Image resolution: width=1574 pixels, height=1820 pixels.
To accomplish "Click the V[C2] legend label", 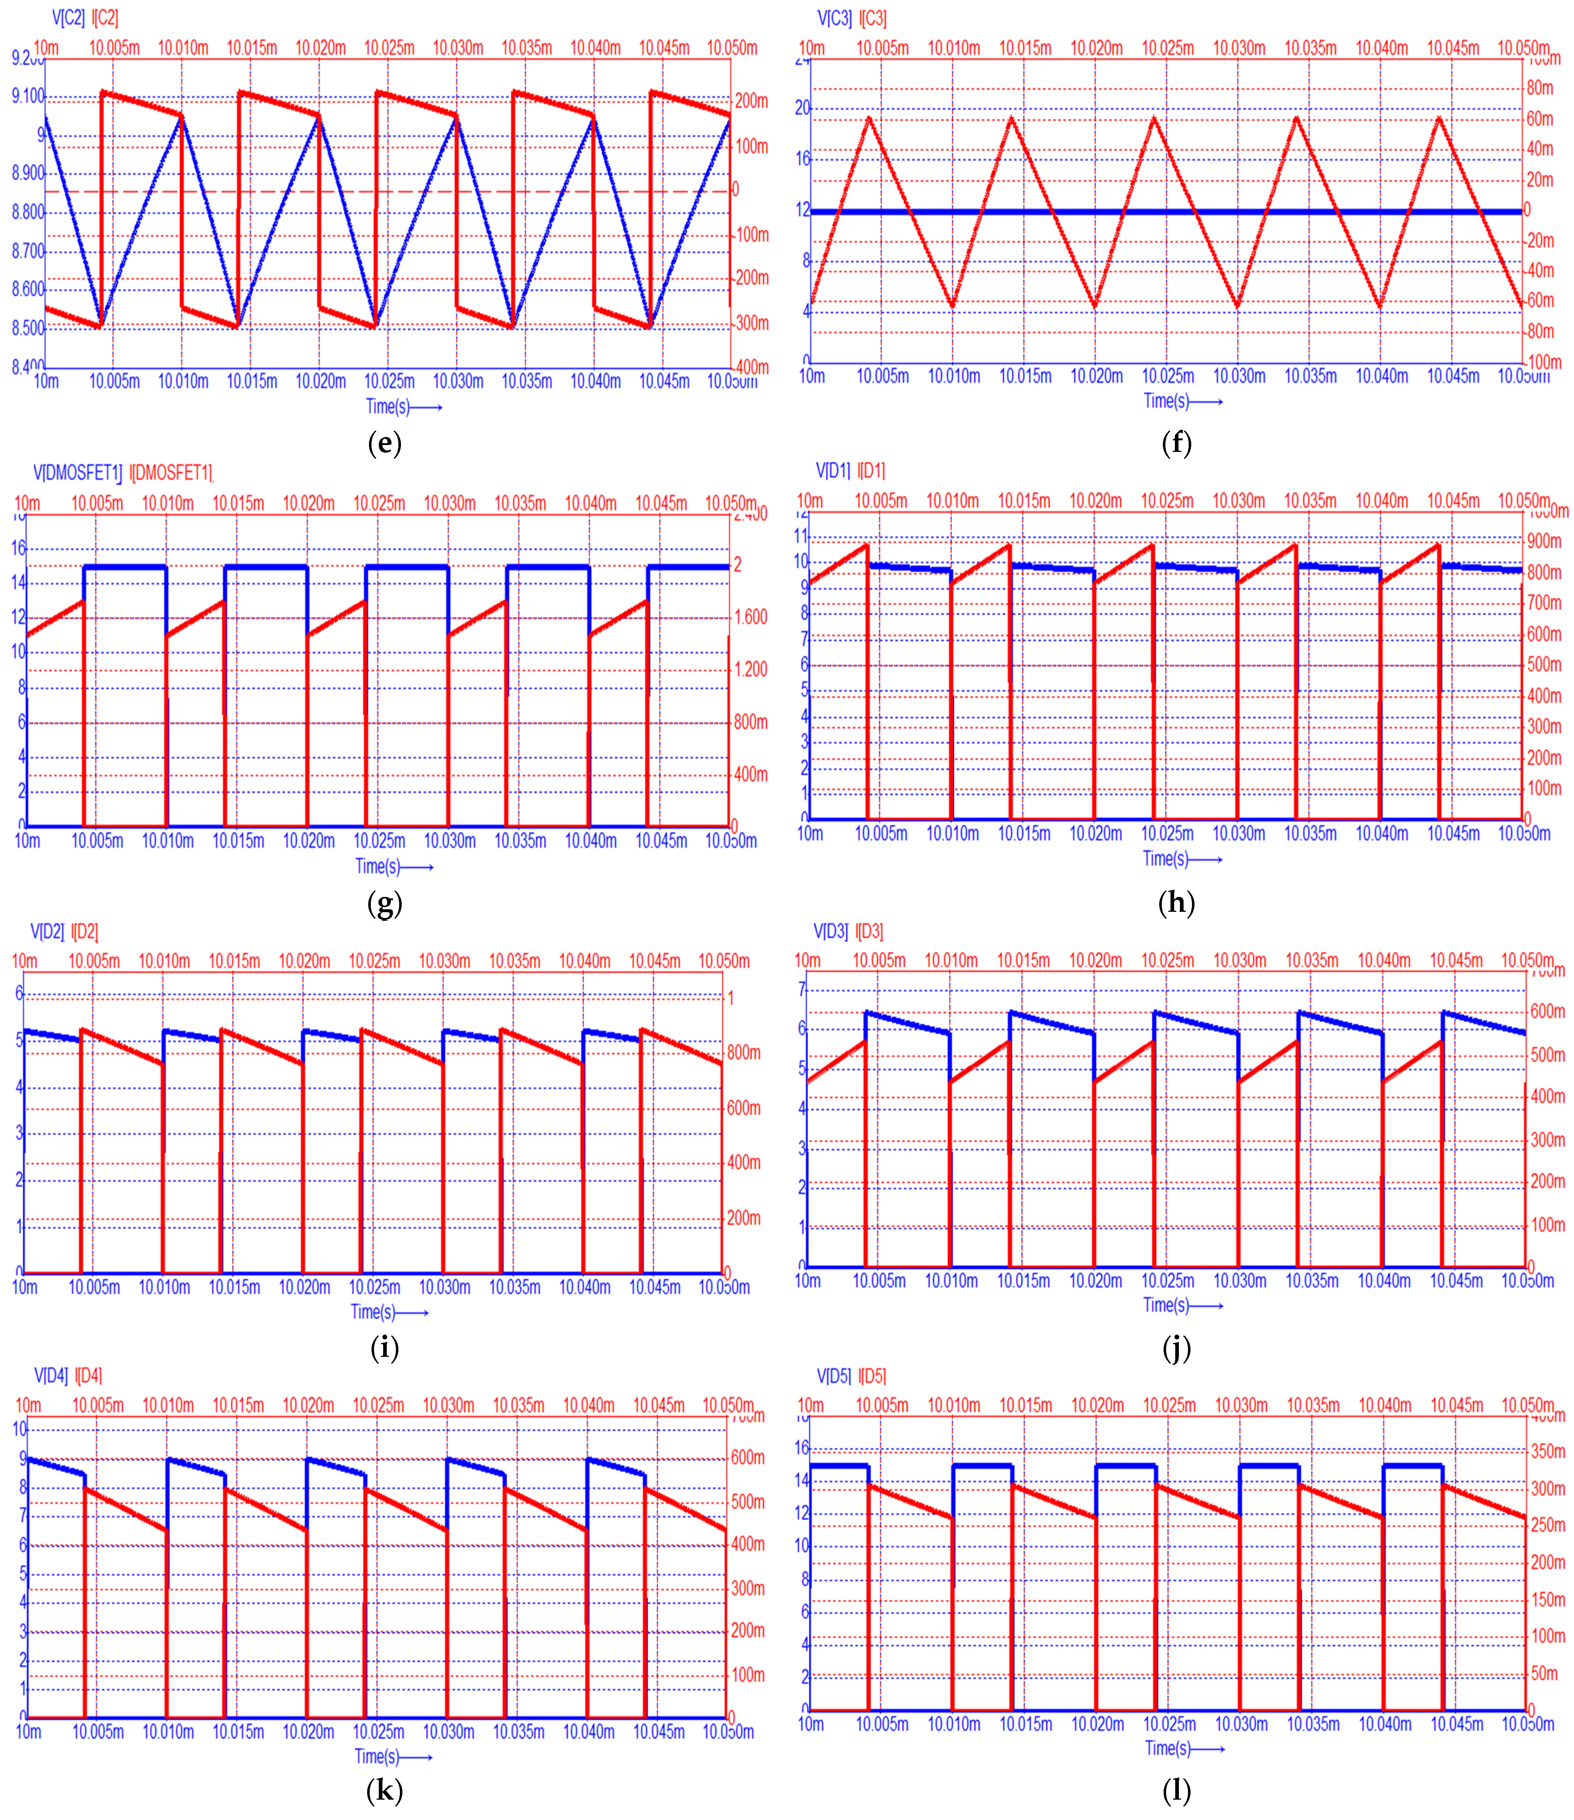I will tap(68, 17).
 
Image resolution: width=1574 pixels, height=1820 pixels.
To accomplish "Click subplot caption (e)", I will tap(385, 443).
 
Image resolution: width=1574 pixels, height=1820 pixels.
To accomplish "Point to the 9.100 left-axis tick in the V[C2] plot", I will tap(27, 96).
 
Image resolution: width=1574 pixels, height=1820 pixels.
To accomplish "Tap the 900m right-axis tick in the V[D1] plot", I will tap(1544, 541).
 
